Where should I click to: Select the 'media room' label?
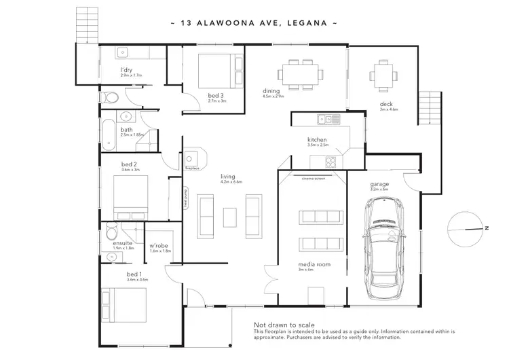tap(309, 264)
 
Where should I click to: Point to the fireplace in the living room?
tap(193, 158)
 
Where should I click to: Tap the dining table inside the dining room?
tap(299, 73)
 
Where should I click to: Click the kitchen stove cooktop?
tap(330, 162)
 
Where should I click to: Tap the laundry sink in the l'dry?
tap(124, 53)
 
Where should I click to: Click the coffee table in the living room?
tap(229, 217)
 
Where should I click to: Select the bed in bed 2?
tap(126, 195)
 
